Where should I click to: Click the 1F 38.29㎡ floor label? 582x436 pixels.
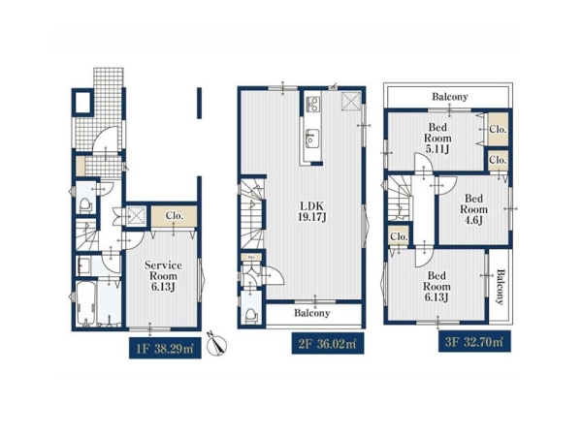click(165, 348)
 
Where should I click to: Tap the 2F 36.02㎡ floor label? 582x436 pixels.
click(328, 343)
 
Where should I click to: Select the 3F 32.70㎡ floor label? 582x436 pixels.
click(474, 341)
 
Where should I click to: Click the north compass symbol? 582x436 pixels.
click(216, 344)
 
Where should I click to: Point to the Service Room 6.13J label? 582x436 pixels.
click(163, 276)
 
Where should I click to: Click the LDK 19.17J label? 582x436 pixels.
click(312, 211)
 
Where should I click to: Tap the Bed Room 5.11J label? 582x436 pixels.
click(437, 139)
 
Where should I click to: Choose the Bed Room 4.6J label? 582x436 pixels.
click(473, 209)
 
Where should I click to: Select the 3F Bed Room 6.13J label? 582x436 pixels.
click(436, 287)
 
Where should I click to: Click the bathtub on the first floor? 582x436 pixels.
click(86, 304)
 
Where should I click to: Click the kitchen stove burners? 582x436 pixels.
click(312, 104)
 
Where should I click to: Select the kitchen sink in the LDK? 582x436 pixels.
click(311, 139)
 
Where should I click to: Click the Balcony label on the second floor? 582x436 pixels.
click(311, 313)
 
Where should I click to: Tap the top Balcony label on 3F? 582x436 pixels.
click(450, 97)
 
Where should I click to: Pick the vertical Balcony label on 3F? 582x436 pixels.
click(501, 287)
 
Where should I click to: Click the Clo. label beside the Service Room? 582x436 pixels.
click(174, 216)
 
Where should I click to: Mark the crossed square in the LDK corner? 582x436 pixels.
click(351, 101)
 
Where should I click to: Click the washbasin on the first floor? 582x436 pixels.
click(83, 266)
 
